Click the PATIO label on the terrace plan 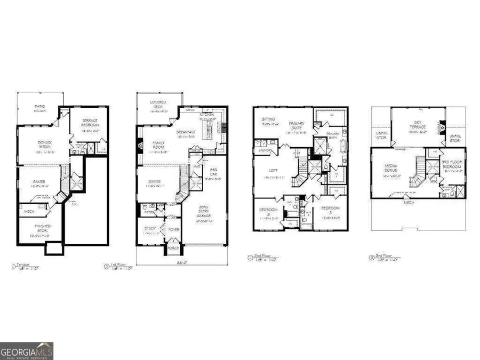tap(39, 106)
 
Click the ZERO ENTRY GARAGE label tap(204, 213)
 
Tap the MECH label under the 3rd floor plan tap(410, 202)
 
